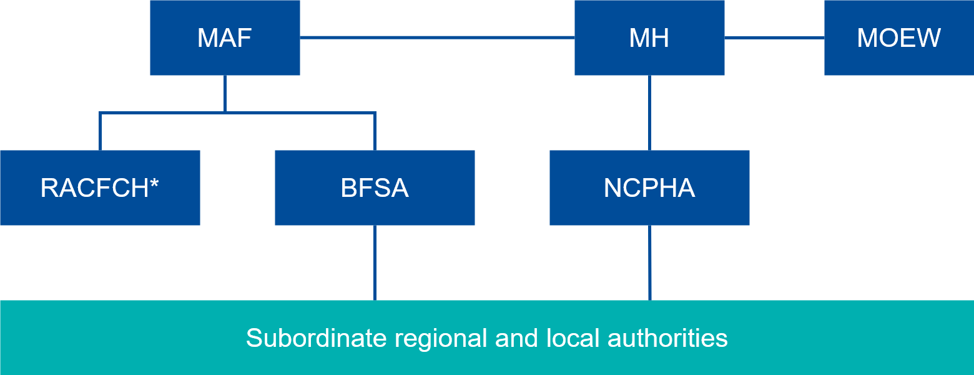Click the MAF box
pyautogui.click(x=225, y=37)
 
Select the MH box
pyautogui.click(x=649, y=37)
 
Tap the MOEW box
pyautogui.click(x=898, y=37)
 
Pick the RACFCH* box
pyautogui.click(x=100, y=187)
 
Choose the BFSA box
pyautogui.click(x=375, y=187)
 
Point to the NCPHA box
pyautogui.click(x=649, y=187)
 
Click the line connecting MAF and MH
pyautogui.click(x=437, y=37)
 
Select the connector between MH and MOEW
pyautogui.click(x=774, y=37)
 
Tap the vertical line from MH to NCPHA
pyautogui.click(x=649, y=112)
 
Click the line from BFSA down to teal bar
pyautogui.click(x=375, y=262)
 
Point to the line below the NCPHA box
pyautogui.click(x=649, y=262)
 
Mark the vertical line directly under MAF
pyautogui.click(x=225, y=94)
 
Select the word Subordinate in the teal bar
pyautogui.click(x=316, y=338)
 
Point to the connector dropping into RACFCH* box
pyautogui.click(x=100, y=131)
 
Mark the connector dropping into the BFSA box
pyautogui.click(x=375, y=131)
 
